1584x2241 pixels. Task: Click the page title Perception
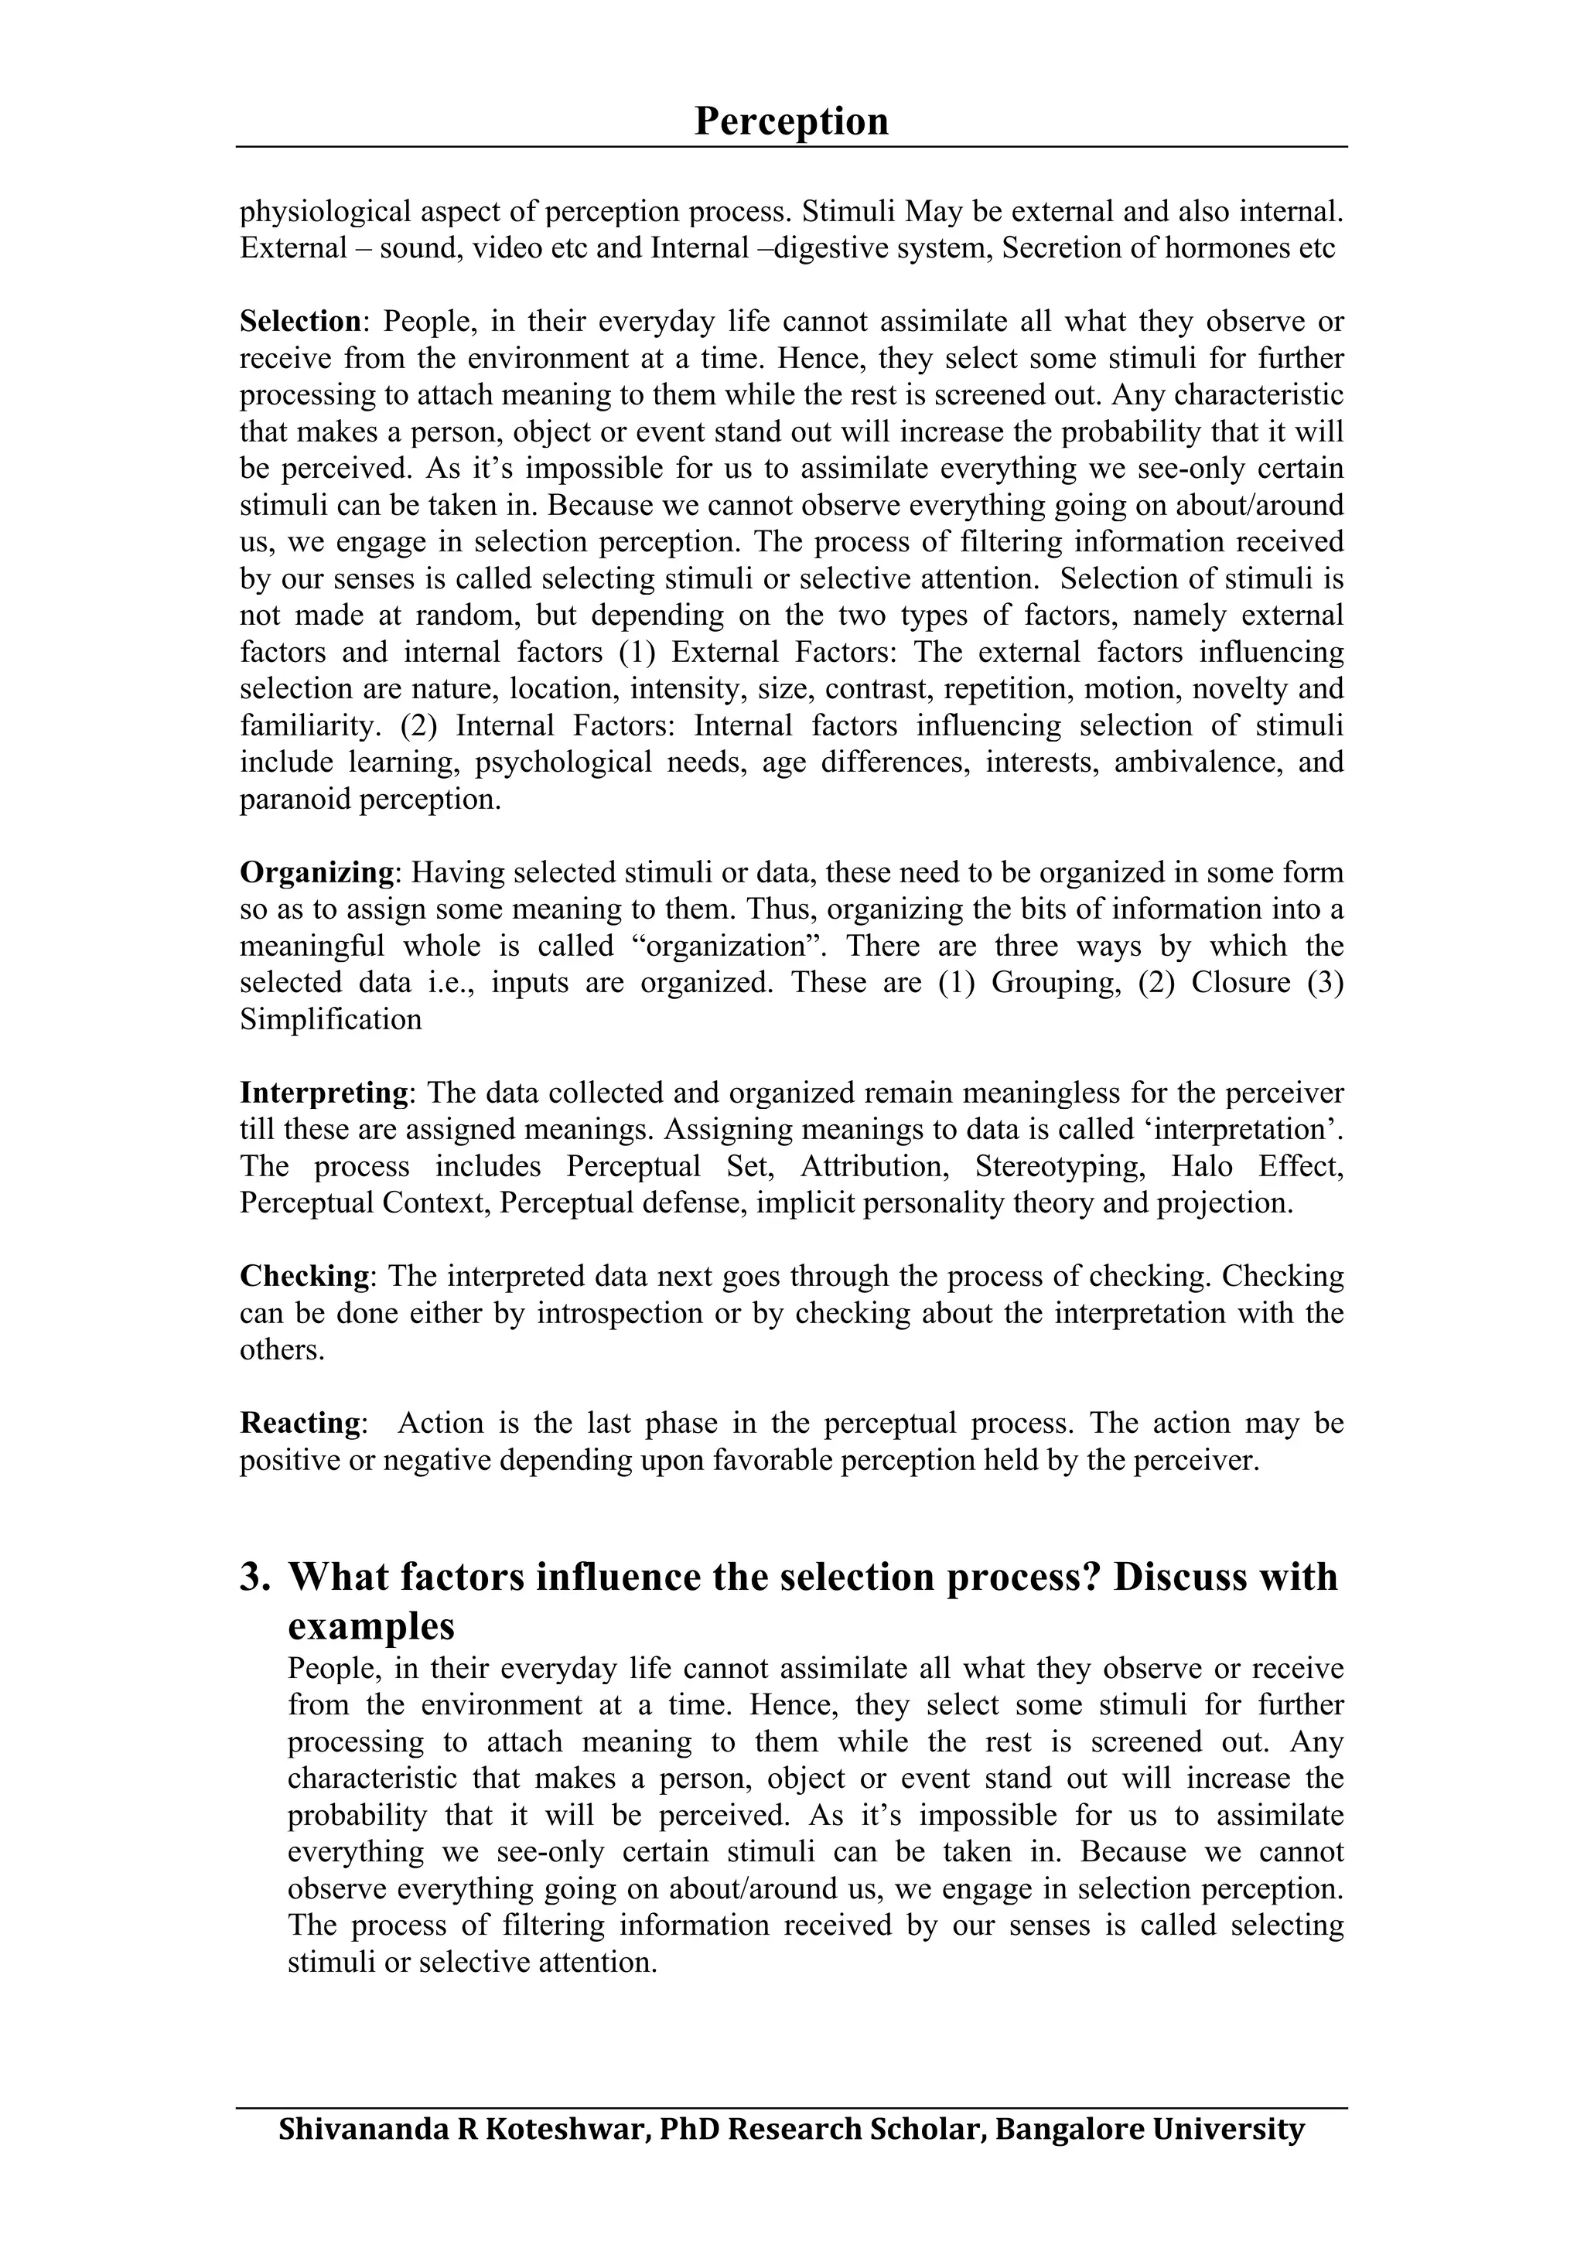[x=790, y=122]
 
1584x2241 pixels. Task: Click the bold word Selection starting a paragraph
[x=299, y=321]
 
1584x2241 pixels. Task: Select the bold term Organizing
[x=316, y=871]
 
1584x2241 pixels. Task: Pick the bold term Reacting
[x=301, y=1422]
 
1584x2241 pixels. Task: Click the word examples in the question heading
[x=371, y=1626]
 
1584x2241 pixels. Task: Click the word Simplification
[x=331, y=1019]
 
